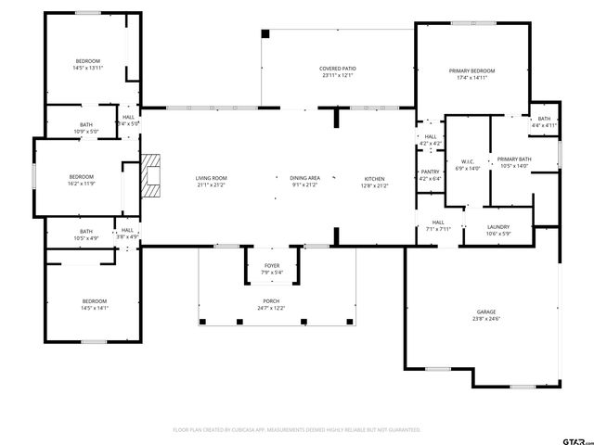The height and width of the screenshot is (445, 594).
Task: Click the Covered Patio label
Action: point(339,68)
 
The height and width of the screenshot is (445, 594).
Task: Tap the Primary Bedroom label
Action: point(471,71)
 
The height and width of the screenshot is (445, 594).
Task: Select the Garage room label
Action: point(486,312)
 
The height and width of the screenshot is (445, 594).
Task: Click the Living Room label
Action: point(211,178)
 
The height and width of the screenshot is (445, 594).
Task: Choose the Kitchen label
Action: point(374,178)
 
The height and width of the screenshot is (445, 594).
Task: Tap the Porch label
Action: point(271,301)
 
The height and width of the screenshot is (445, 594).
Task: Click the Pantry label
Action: point(430,172)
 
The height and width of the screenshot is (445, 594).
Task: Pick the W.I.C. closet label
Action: point(468,161)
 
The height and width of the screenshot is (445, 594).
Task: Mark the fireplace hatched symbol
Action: point(150,177)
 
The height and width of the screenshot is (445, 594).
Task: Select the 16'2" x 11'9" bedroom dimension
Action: point(82,183)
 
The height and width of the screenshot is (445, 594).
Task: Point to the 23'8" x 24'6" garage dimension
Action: point(486,319)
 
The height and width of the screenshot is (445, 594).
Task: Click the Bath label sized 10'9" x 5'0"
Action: point(86,125)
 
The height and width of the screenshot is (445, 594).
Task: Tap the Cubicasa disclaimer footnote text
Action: point(297,430)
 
